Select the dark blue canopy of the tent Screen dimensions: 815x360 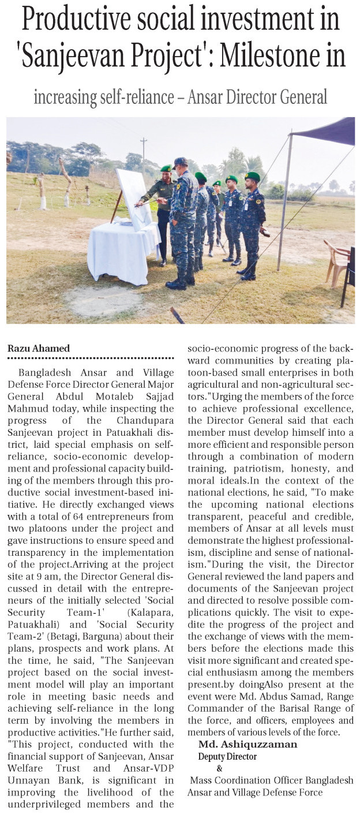point(327,132)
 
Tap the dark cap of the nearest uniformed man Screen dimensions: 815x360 point(181,162)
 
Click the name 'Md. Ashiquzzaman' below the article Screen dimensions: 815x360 point(247,744)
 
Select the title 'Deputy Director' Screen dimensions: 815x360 point(227,756)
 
